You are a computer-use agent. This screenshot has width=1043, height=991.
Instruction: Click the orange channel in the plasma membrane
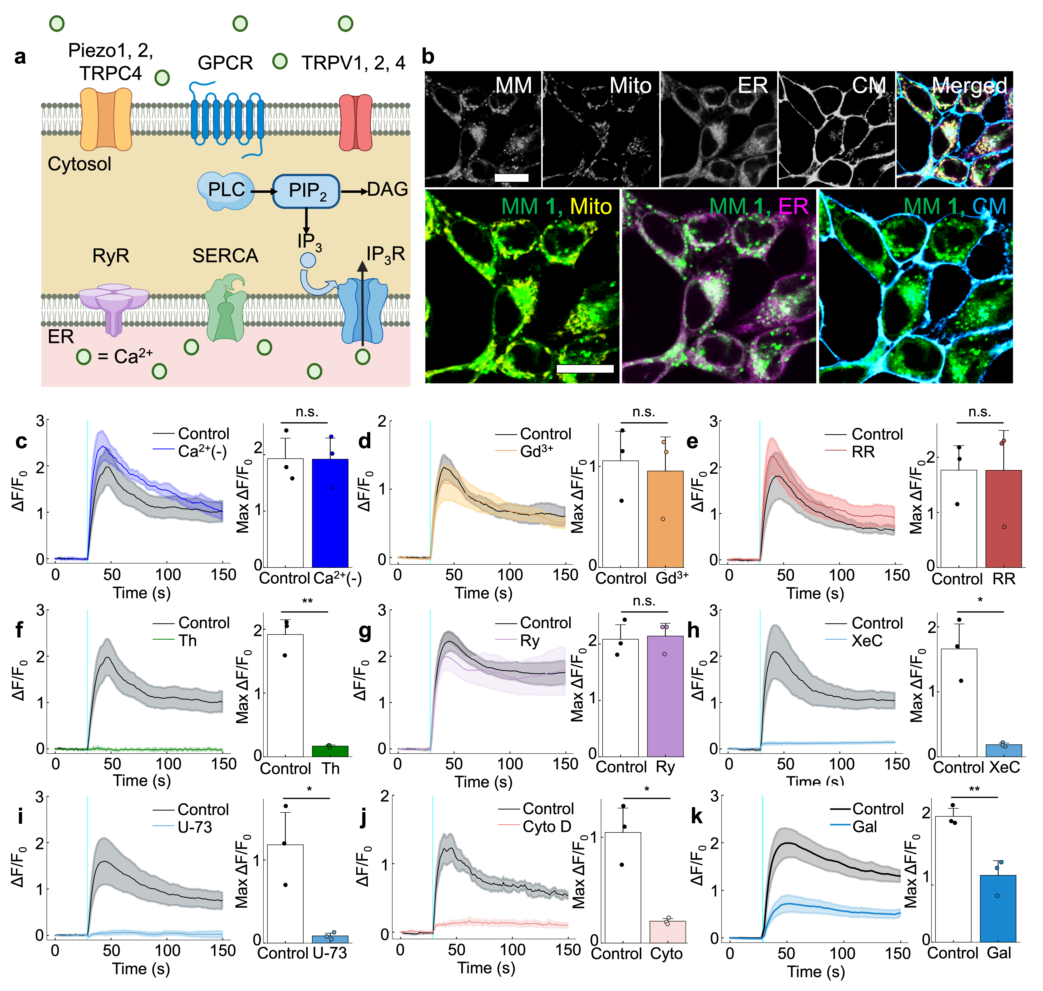(106, 119)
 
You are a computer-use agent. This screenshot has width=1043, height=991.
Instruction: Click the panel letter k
(697, 816)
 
